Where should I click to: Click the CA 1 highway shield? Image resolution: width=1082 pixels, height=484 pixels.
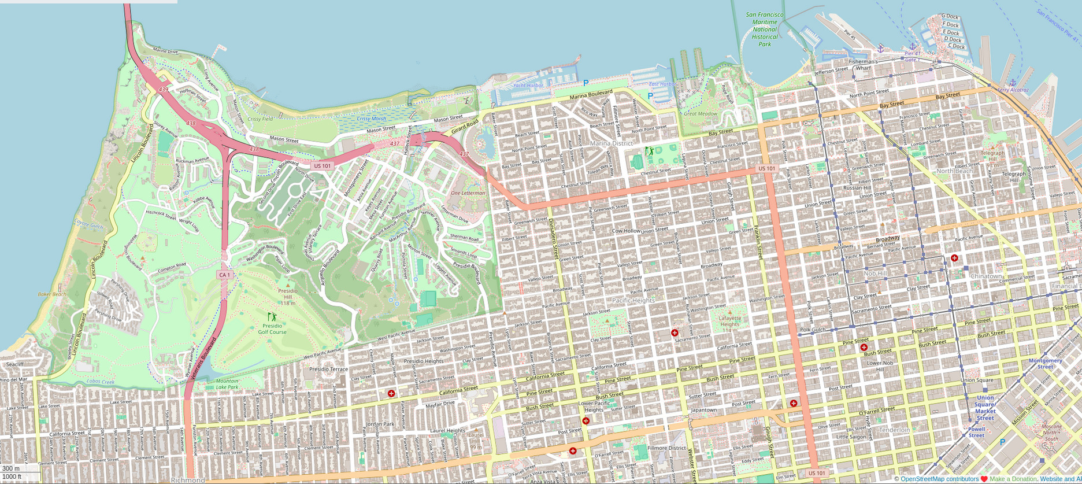(x=225, y=275)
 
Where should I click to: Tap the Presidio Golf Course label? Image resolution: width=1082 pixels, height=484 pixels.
(x=272, y=328)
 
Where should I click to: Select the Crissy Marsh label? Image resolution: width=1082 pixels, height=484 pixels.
(x=371, y=119)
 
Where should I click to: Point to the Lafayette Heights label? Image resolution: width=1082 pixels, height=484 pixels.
(x=729, y=321)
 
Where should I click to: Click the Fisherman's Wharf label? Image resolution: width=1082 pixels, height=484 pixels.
(x=863, y=65)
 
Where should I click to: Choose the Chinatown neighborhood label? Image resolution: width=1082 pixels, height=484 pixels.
(x=986, y=276)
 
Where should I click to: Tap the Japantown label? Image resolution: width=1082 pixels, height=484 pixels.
(x=703, y=409)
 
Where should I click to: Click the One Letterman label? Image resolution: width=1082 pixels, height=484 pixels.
(x=468, y=193)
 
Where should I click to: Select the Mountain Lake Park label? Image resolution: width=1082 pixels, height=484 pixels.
(x=227, y=383)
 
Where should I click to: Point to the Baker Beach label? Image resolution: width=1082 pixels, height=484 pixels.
(x=52, y=294)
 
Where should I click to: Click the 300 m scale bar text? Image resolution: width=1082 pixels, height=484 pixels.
(x=11, y=468)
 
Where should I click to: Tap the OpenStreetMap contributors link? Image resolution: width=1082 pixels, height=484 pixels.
(x=939, y=479)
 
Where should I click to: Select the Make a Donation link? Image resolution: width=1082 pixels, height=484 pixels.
(x=1013, y=479)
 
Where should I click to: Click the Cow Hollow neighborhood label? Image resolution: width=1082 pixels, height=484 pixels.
(x=626, y=231)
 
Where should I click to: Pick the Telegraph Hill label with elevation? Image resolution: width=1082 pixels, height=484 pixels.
(x=992, y=156)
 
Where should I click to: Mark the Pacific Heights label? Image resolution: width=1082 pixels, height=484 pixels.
(x=633, y=301)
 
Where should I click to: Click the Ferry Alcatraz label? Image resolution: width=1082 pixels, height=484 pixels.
(x=1013, y=90)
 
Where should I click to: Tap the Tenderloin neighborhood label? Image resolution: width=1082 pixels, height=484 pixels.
(x=894, y=430)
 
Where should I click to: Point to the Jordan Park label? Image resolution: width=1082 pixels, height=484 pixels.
(x=380, y=424)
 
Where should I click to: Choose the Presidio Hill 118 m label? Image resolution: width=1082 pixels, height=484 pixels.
(x=288, y=297)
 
